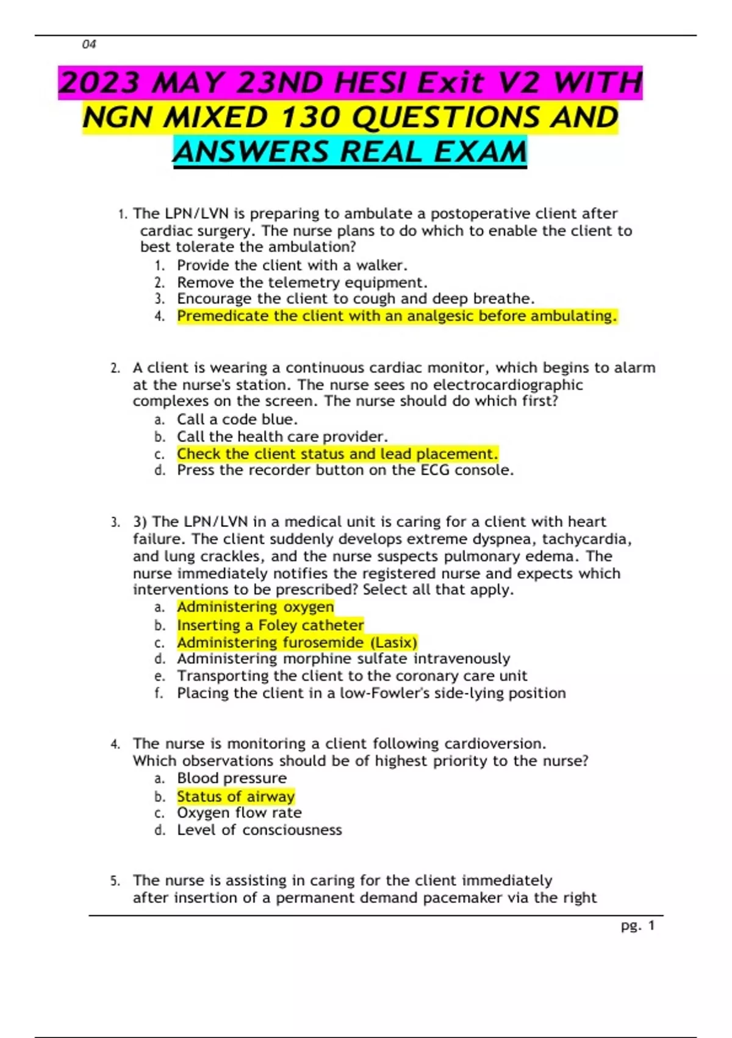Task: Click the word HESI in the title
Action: click(377, 82)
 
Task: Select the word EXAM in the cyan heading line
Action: click(480, 152)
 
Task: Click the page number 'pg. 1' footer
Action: click(637, 926)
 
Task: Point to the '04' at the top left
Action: click(89, 44)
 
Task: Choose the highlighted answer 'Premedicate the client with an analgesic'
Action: click(396, 316)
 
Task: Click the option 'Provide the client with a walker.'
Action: click(292, 266)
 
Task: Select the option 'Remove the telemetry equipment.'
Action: click(302, 283)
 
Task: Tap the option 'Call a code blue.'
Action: click(237, 419)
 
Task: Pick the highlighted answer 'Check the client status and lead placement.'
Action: click(337, 454)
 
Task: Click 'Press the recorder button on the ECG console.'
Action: click(345, 470)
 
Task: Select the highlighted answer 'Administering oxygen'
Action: click(256, 607)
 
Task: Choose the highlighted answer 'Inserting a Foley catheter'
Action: click(270, 625)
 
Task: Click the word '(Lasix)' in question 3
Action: click(393, 642)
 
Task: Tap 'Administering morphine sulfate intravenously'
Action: click(343, 659)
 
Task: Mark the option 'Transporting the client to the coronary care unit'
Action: click(352, 676)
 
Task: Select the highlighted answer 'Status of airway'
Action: click(236, 797)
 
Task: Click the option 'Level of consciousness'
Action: click(259, 830)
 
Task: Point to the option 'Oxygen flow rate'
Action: click(239, 813)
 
